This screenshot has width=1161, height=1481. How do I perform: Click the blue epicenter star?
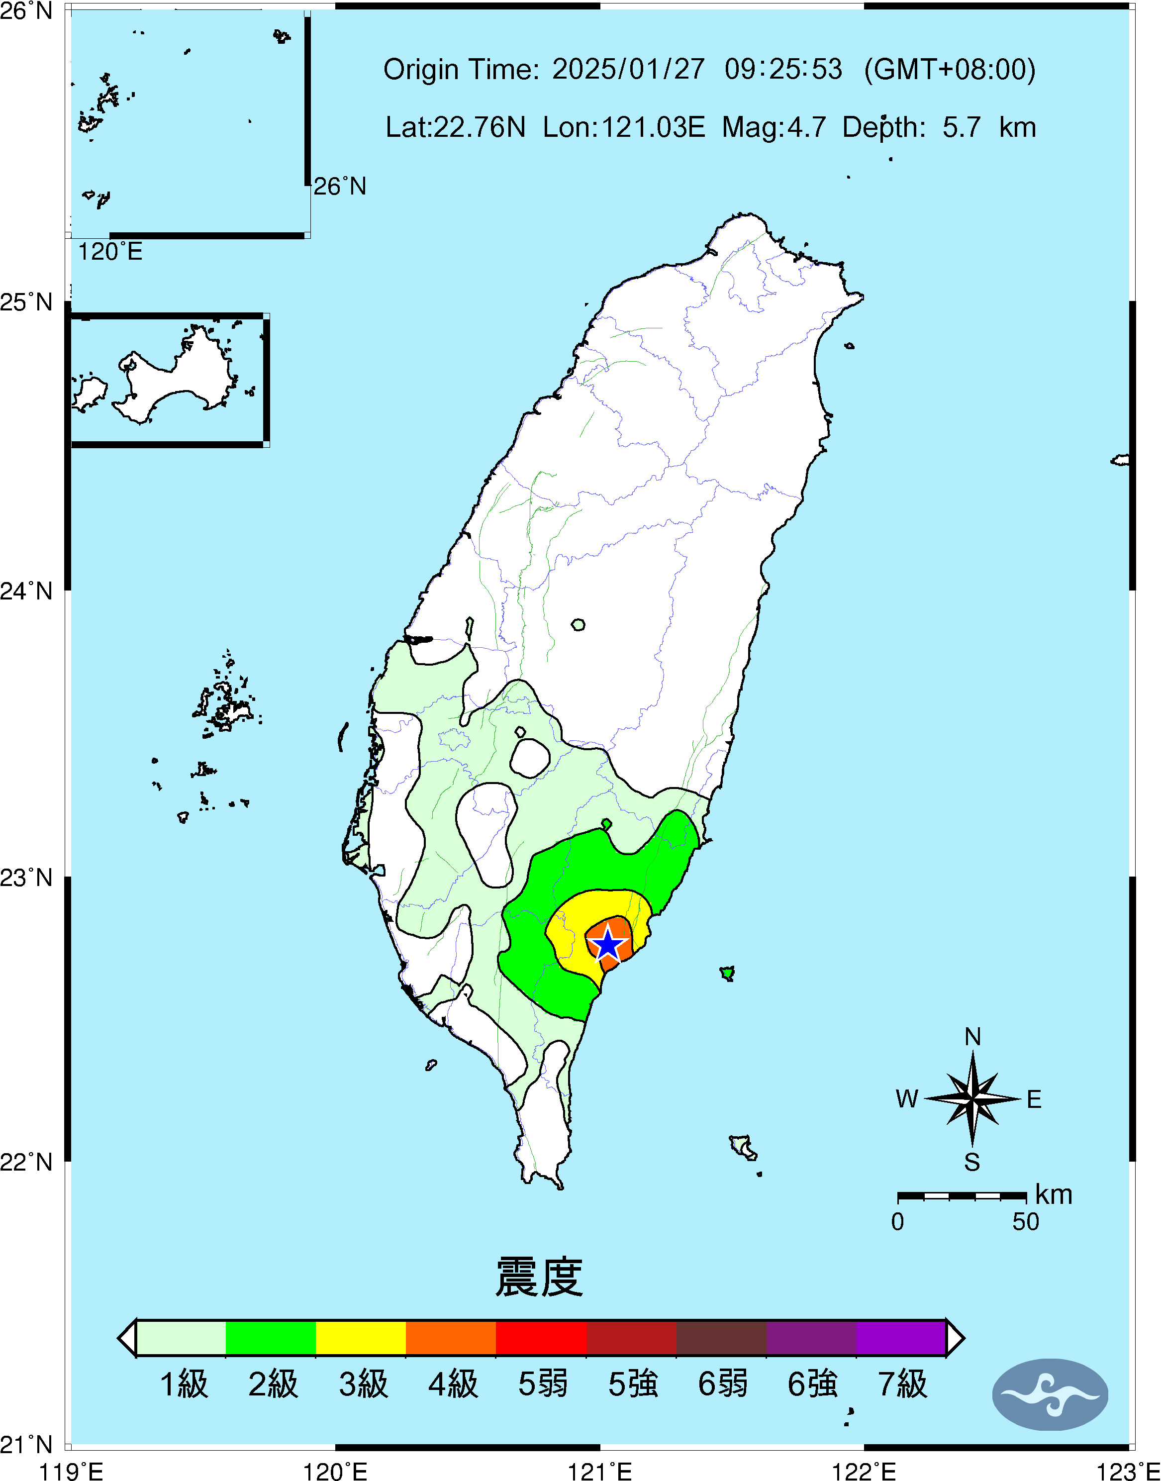coord(607,944)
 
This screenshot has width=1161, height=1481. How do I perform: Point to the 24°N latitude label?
coord(26,591)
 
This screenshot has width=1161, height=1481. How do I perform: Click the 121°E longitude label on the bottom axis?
coord(599,1472)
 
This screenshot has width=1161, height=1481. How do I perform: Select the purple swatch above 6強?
coord(811,1338)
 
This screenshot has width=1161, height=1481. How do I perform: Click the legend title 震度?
coord(539,1277)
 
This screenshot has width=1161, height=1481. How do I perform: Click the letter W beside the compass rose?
coord(907,1099)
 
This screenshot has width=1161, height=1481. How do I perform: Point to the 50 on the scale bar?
coord(1025,1222)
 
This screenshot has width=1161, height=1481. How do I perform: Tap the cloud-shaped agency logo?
coord(1050,1394)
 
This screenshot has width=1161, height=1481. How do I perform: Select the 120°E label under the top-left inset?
coord(110,252)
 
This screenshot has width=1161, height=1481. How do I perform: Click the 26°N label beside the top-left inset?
coord(339,186)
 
